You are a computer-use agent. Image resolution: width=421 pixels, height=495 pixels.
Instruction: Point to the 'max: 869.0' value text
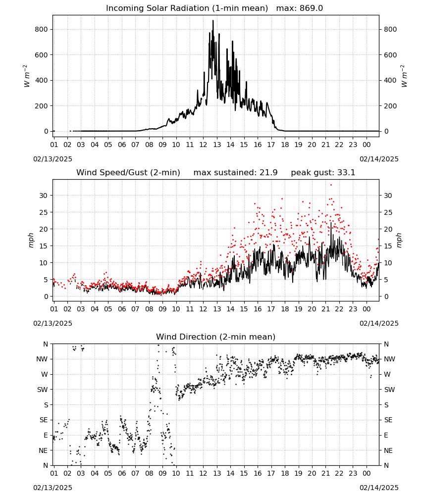click(300, 8)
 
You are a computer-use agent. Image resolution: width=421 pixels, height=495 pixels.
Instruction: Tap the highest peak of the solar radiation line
click(213, 20)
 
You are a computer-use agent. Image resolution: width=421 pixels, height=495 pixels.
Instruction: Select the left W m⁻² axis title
click(27, 76)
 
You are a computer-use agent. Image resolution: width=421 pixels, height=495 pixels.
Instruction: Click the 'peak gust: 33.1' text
click(323, 173)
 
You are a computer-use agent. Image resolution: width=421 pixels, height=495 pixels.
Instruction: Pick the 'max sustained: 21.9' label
click(235, 173)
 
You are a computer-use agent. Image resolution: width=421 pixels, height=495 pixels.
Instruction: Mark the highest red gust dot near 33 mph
click(331, 185)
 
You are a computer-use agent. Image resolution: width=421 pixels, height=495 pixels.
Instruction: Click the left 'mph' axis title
click(31, 240)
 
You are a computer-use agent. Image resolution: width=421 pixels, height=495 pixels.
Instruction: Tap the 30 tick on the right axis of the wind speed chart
click(387, 196)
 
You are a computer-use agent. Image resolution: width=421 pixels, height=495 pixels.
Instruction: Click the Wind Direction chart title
click(216, 337)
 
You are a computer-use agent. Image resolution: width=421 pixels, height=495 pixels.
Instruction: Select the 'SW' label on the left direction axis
click(43, 390)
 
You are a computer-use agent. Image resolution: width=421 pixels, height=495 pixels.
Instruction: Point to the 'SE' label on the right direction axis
click(388, 420)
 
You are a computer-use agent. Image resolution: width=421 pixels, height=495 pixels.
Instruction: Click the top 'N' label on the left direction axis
click(46, 344)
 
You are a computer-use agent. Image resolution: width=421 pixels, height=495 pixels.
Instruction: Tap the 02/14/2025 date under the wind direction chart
click(379, 488)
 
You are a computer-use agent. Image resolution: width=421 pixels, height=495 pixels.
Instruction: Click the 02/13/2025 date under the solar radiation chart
click(53, 159)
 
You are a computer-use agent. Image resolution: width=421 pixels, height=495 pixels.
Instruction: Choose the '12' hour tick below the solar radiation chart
click(203, 145)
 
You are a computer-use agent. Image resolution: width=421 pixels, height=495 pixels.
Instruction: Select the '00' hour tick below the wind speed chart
click(367, 309)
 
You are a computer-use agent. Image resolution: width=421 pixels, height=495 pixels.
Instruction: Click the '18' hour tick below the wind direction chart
click(285, 473)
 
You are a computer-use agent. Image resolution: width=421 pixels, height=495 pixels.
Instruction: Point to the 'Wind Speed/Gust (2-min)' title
click(128, 173)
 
